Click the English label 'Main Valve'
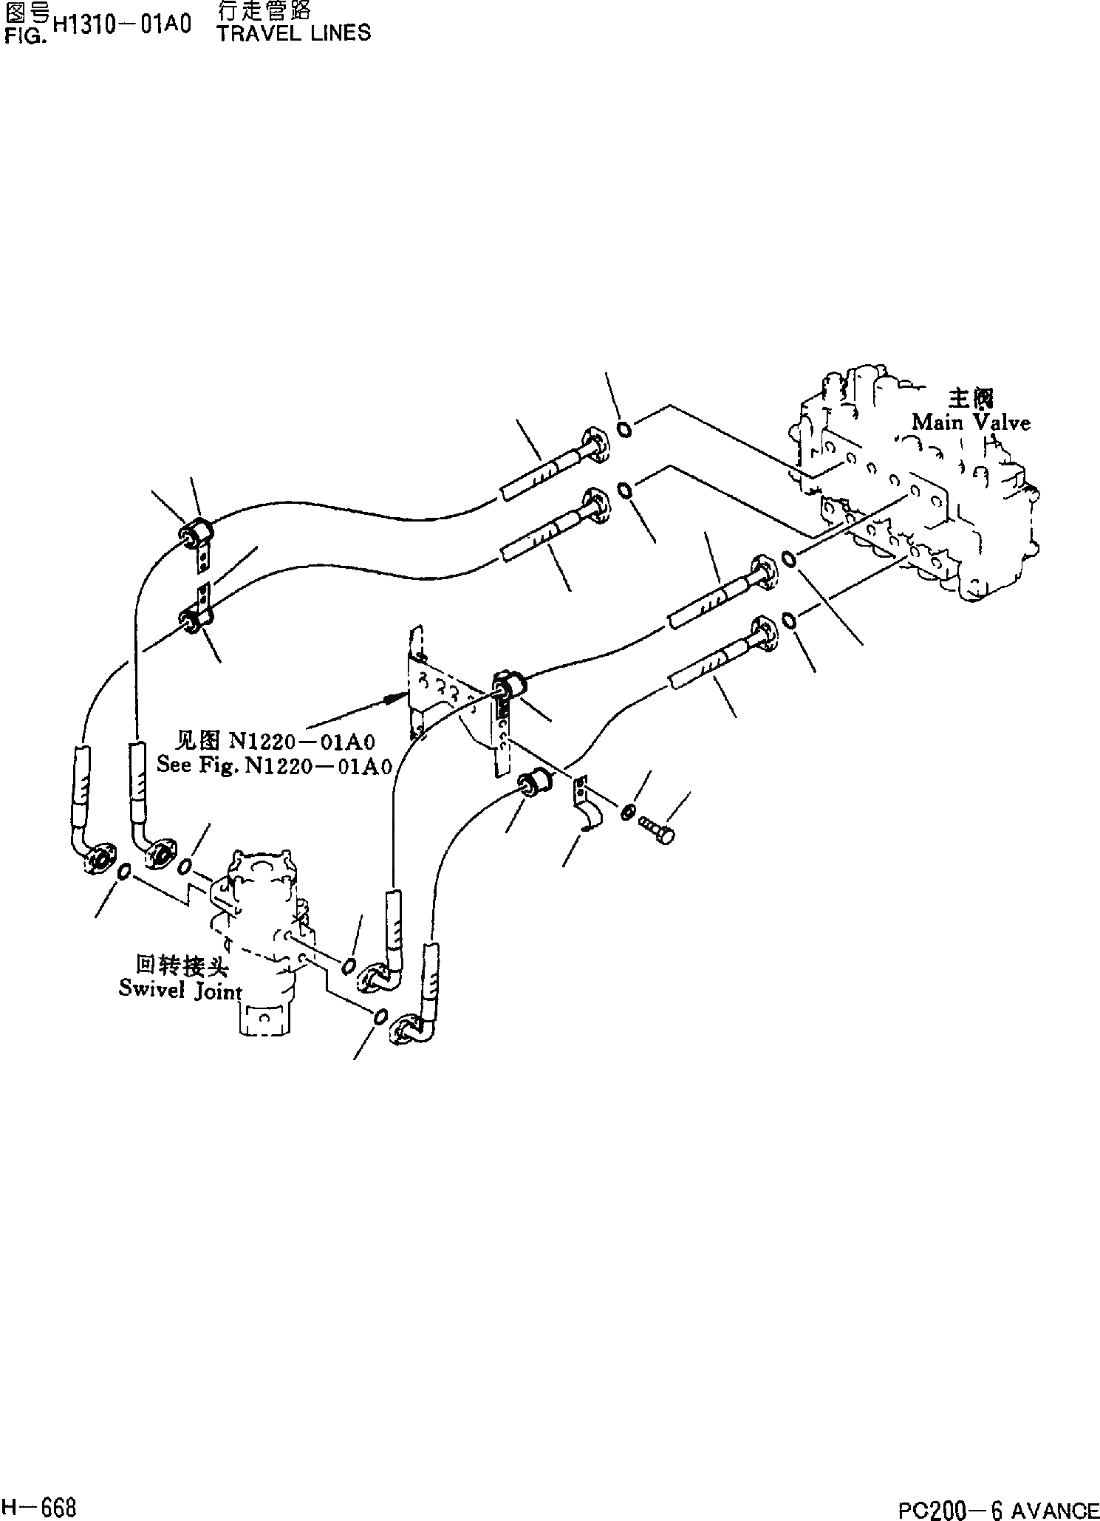(x=970, y=423)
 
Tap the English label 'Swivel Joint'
(x=180, y=990)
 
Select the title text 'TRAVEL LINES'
(x=294, y=33)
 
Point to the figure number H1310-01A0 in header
(x=123, y=24)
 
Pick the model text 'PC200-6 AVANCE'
(x=998, y=1506)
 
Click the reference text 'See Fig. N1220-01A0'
(x=274, y=765)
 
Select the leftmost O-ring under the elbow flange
(x=124, y=872)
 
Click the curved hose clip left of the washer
(x=587, y=809)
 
